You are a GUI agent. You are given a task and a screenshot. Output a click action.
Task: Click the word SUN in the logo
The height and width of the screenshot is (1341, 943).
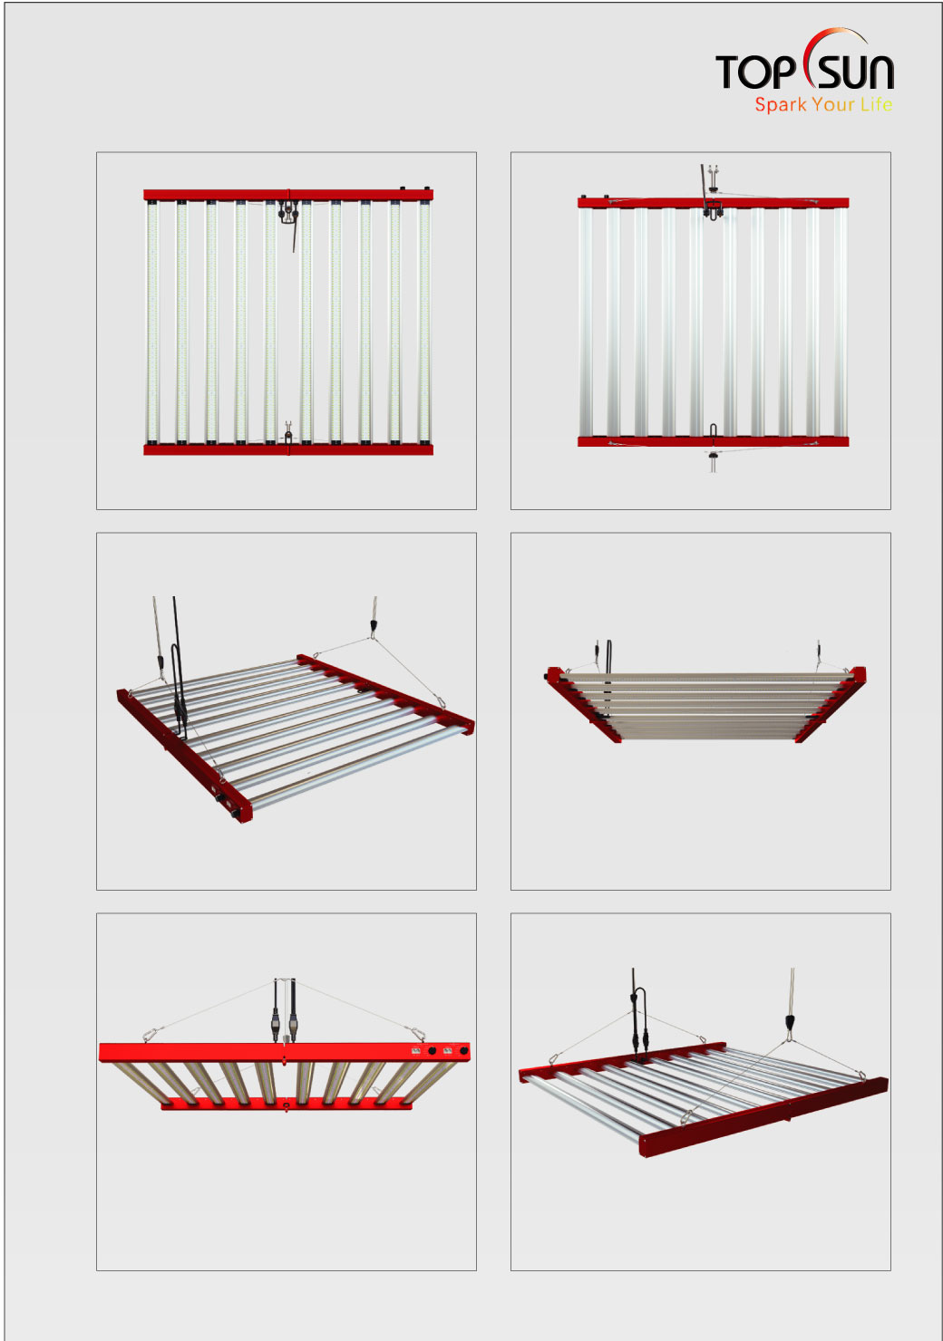pos(856,72)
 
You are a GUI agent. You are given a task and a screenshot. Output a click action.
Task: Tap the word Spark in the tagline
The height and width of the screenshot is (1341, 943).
pos(780,105)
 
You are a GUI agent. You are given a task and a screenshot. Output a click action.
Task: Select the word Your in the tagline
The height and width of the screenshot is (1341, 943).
pos(832,105)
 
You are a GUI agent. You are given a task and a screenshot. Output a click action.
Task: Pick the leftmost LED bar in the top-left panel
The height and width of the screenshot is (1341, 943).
pos(152,323)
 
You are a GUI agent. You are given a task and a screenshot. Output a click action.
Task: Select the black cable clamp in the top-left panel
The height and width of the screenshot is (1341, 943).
pos(288,212)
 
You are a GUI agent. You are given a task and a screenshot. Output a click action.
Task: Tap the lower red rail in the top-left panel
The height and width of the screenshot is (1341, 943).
pos(288,449)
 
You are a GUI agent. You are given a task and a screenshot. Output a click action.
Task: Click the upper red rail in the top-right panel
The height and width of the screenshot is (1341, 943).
pos(713,202)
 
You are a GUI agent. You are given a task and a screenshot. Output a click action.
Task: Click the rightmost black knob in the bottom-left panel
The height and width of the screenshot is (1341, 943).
pos(463,1066)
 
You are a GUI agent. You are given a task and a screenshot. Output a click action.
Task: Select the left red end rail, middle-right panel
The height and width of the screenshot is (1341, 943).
pos(584,705)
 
